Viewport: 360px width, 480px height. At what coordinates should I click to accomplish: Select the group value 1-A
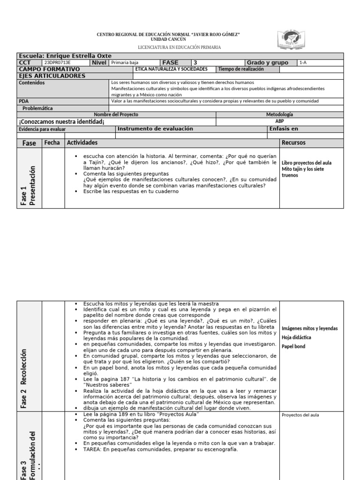pos(303,62)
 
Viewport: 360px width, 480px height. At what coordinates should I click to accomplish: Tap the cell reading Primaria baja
pos(125,62)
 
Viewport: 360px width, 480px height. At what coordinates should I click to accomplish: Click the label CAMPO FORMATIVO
pos(49,69)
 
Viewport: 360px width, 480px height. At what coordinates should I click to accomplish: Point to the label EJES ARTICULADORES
pos(52,75)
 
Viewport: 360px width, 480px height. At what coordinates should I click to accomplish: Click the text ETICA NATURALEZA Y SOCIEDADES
pos(171,69)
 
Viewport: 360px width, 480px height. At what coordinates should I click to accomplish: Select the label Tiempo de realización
pos(241,69)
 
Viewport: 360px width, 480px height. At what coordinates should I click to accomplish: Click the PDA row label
pos(23,101)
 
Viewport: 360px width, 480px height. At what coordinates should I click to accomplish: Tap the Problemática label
pos(38,108)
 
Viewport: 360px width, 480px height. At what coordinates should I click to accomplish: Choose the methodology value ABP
pos(279,121)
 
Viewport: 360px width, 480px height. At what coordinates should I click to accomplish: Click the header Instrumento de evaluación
pos(155,129)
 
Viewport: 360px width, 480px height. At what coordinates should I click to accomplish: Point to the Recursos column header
pos(293,142)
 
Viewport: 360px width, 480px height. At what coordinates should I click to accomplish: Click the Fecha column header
pos(52,142)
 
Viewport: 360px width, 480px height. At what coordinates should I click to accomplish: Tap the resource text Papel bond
pos(293,346)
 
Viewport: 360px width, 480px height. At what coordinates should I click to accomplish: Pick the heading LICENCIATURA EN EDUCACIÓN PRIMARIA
pos(180,47)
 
